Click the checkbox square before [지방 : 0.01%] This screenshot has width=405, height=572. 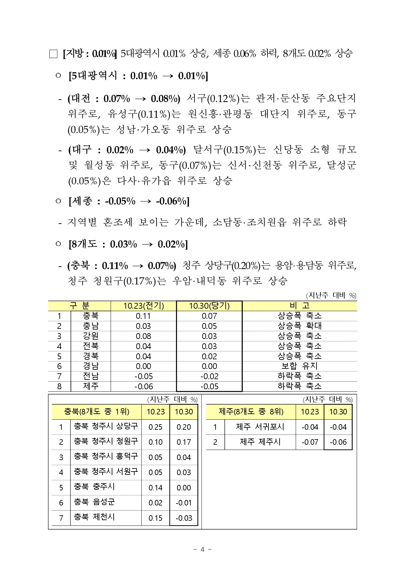click(53, 54)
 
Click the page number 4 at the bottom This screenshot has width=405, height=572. click(202, 549)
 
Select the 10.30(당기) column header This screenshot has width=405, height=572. click(209, 306)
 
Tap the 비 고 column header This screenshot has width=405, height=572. click(299, 306)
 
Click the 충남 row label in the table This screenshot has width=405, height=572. click(90, 326)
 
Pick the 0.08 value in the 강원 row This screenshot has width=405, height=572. click(143, 336)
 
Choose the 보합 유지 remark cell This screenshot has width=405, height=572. click(299, 366)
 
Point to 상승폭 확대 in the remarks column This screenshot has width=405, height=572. click(299, 326)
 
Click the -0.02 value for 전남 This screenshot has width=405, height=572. click(209, 376)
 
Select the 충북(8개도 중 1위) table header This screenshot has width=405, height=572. click(97, 412)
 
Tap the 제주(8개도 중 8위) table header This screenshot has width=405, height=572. click(251, 412)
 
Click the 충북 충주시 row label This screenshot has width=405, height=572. click(94, 487)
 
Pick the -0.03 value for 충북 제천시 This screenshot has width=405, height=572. click(184, 518)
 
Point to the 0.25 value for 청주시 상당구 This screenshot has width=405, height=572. click(155, 427)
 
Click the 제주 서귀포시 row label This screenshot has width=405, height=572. click(260, 427)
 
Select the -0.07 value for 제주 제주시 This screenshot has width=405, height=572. click(310, 442)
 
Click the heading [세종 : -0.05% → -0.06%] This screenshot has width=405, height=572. click(129, 201)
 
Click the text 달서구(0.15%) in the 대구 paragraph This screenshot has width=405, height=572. click(225, 150)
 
